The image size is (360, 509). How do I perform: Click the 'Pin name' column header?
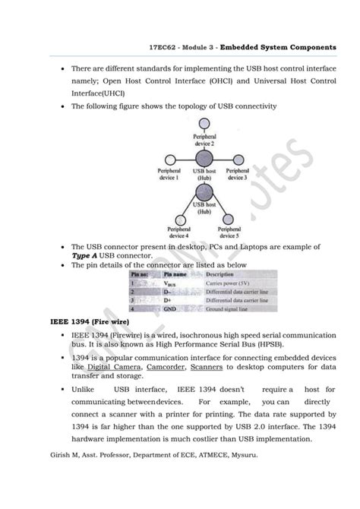(x=172, y=273)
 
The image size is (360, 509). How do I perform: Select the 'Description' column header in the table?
(x=220, y=273)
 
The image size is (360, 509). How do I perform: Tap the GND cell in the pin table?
(x=170, y=310)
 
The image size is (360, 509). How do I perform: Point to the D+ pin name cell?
(x=168, y=301)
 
